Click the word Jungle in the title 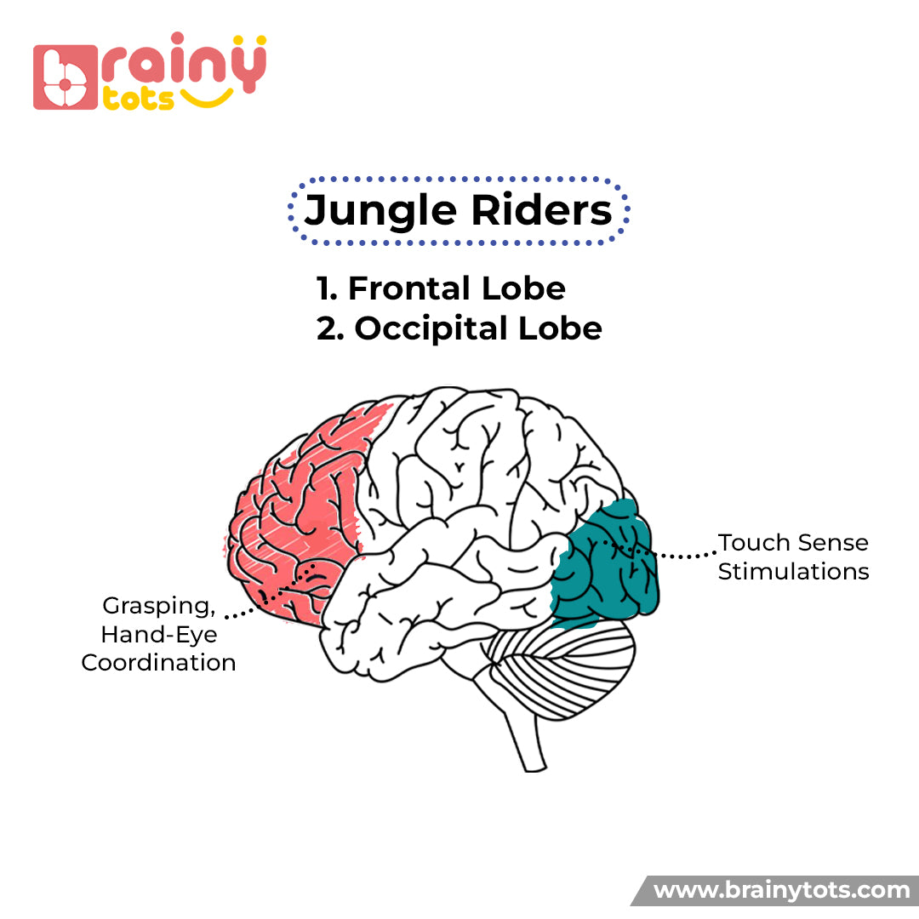[x=370, y=210]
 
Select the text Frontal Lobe [x=457, y=288]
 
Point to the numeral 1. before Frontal [x=328, y=288]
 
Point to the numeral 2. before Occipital [x=330, y=328]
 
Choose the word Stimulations [x=793, y=571]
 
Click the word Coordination [x=158, y=663]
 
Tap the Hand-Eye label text [x=158, y=635]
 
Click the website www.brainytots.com [x=781, y=891]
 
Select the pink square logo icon [x=65, y=77]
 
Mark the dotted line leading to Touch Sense [x=681, y=556]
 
